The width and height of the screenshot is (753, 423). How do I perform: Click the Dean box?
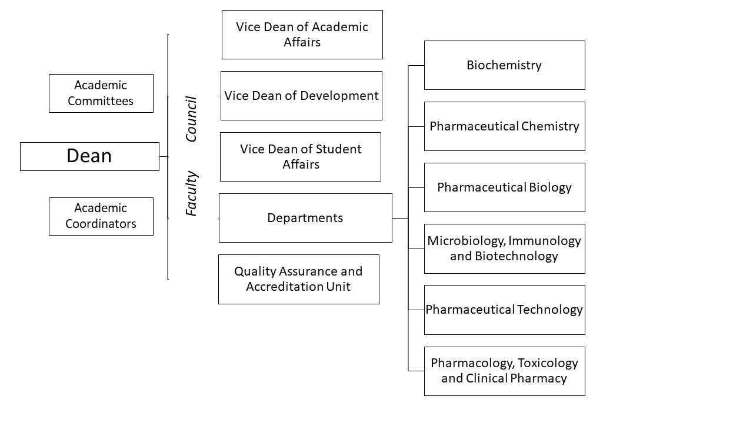point(89,156)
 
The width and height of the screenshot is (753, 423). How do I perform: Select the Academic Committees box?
point(101,93)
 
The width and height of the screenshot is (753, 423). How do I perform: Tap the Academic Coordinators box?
point(101,216)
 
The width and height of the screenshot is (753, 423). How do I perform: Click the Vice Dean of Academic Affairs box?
point(302,35)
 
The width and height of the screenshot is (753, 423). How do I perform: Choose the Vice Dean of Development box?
point(302,96)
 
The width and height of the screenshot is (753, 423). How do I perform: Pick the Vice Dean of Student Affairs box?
point(301,157)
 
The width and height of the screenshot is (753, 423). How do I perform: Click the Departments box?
point(305,218)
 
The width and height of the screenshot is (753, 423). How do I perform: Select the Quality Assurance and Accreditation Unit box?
point(299,279)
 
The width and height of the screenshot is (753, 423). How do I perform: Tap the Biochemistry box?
point(505,65)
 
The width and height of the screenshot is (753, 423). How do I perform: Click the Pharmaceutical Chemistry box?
point(505,126)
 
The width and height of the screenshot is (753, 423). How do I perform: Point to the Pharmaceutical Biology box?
point(505,187)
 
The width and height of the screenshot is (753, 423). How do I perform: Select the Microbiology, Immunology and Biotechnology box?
point(505,249)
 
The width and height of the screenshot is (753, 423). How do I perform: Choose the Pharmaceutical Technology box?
point(505,310)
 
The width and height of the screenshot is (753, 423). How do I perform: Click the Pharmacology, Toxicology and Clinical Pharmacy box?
point(505,371)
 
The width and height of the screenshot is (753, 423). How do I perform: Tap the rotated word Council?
point(191,119)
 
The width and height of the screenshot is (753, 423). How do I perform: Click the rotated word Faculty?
point(191,193)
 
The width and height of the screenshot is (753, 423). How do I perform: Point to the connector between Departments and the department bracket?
point(400,218)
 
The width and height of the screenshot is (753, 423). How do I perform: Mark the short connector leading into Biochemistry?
point(416,65)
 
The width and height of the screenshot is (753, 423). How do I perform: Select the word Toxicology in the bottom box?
point(548,364)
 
